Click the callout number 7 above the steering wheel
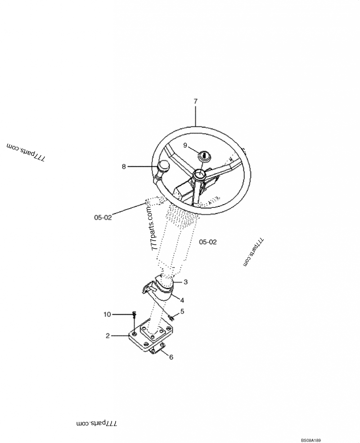(195, 102)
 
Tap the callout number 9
(185, 145)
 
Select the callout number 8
(124, 167)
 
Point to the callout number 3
(185, 282)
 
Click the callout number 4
(182, 299)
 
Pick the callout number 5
(182, 311)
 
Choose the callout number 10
(107, 314)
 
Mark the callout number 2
(108, 336)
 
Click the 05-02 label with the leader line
(103, 218)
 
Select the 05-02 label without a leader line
(208, 242)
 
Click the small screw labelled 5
(171, 318)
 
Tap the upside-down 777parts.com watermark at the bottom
(97, 424)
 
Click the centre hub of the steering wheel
(198, 175)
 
